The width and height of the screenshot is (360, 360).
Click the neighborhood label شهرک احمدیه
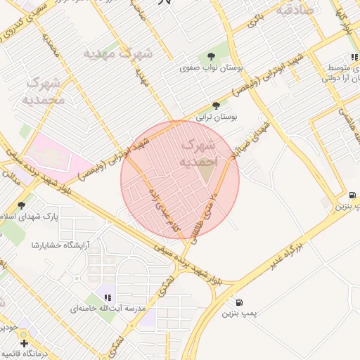[199, 153]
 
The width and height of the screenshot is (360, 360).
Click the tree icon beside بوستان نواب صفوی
[210, 57]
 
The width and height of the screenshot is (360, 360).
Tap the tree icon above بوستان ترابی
[215, 105]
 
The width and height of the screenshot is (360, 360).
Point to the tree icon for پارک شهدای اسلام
[22, 205]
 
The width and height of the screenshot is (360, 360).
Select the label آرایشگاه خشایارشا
[51, 244]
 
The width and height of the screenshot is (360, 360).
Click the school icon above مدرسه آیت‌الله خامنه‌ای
[107, 297]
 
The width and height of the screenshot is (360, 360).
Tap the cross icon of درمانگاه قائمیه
[25, 344]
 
